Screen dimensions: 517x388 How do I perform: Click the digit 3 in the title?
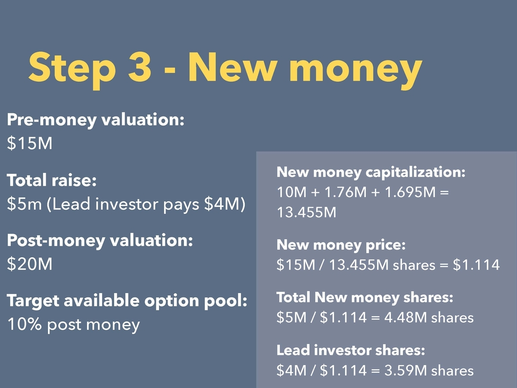[x=140, y=67]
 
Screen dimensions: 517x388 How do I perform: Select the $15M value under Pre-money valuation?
[x=30, y=143]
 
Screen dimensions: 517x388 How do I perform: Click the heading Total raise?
[x=52, y=180]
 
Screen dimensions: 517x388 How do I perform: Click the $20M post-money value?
[x=30, y=263]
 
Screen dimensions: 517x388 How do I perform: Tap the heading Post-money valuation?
[x=100, y=241]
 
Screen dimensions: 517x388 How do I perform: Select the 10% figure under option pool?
[x=25, y=324]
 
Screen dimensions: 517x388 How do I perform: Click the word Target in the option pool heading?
[x=33, y=301]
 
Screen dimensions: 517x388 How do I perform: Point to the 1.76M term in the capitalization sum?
[x=346, y=192]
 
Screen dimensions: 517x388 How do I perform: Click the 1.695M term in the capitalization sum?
[x=410, y=192]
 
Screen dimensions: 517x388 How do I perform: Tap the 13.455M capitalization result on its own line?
[x=307, y=212]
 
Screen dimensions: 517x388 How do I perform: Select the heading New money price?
[x=341, y=245]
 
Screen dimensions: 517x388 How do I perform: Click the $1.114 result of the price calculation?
[x=476, y=265]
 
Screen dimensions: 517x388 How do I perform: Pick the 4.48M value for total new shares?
[x=405, y=317]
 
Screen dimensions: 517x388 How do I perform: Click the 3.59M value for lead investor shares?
[x=405, y=370]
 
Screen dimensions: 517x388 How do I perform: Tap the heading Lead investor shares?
[x=351, y=350]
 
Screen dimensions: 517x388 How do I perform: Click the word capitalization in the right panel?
[x=415, y=172]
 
